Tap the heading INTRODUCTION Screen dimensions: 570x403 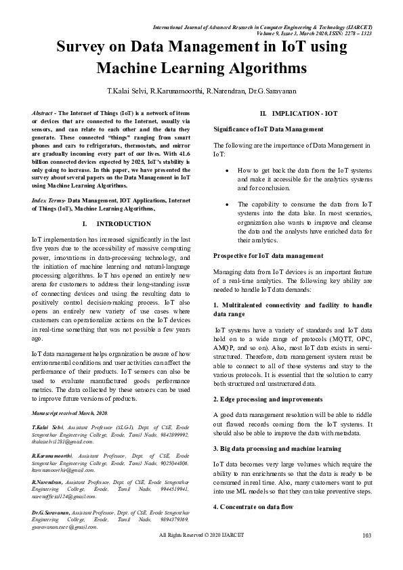(x=124, y=223)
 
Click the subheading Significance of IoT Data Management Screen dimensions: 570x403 (x=269, y=128)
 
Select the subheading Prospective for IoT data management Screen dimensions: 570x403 (x=268, y=255)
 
